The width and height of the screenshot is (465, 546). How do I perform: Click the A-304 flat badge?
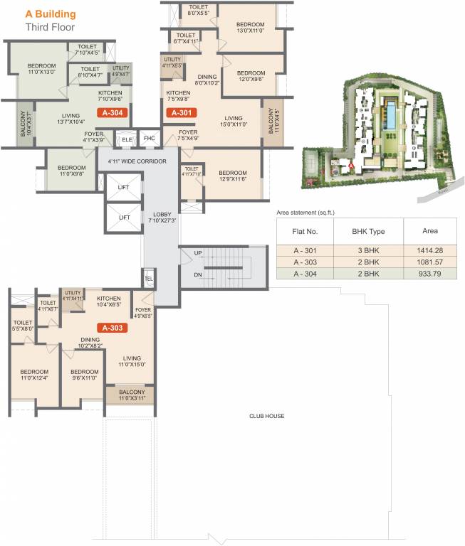pyautogui.click(x=114, y=112)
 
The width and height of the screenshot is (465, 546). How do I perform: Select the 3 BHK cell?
pyautogui.click(x=368, y=250)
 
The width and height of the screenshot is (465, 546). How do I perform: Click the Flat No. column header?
pyautogui.click(x=305, y=231)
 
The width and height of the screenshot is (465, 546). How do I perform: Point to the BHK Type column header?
pyautogui.click(x=368, y=231)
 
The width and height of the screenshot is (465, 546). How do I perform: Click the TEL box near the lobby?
pyautogui.click(x=149, y=279)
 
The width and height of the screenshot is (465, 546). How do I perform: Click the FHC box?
pyautogui.click(x=149, y=138)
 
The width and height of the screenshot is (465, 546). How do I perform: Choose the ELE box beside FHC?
pyautogui.click(x=127, y=139)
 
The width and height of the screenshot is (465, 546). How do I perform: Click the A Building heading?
pyautogui.click(x=51, y=14)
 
